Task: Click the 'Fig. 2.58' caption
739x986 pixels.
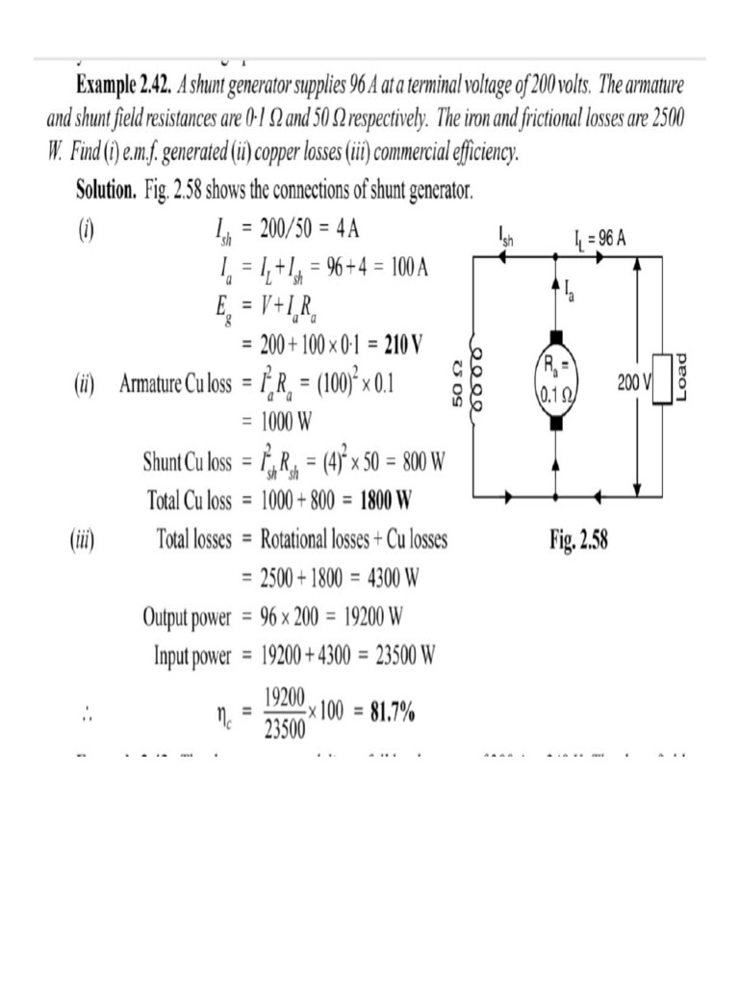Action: click(578, 541)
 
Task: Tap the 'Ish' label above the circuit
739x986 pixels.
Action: click(506, 236)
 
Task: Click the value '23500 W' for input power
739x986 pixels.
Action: click(397, 657)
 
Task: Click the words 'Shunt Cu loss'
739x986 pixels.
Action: click(188, 462)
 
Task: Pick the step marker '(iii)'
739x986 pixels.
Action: click(81, 540)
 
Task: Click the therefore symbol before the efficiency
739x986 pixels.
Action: click(87, 714)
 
